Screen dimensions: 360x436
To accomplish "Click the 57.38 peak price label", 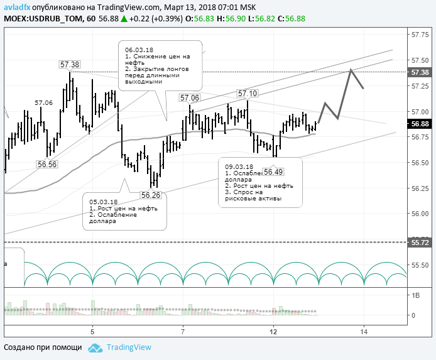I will point(70,64).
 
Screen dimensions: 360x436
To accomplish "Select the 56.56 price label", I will point(47,164).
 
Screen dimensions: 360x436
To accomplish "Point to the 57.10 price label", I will point(247,94).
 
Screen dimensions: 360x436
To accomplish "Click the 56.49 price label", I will point(273,172).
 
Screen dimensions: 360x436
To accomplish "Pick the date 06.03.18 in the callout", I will point(139,49).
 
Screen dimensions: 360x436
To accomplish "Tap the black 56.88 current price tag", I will point(420,124).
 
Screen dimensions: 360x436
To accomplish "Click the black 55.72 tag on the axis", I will point(420,241).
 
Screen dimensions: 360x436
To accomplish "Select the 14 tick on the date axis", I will point(363,331).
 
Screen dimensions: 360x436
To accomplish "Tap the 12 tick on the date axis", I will point(273,331).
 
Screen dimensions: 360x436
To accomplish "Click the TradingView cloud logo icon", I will point(95,347).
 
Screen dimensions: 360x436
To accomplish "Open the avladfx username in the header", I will point(18,7).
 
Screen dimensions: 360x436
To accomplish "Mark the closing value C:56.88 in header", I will point(291,19).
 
